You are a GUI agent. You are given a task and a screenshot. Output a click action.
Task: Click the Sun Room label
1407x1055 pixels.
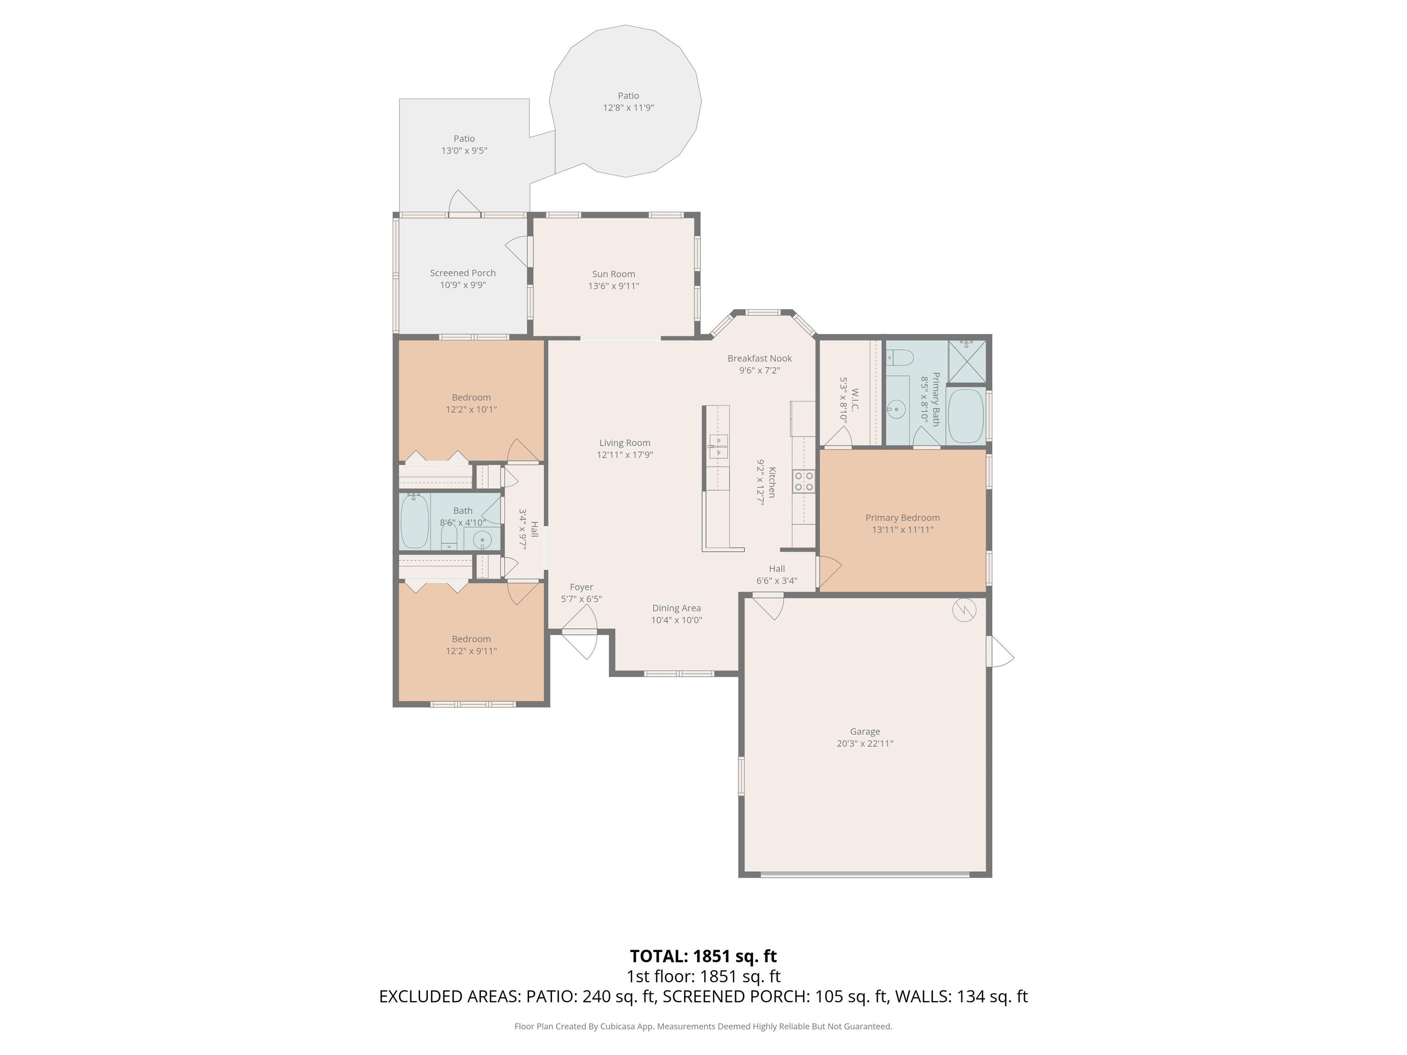pyautogui.click(x=613, y=274)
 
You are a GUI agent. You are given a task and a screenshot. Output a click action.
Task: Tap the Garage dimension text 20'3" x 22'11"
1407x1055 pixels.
pyautogui.click(x=865, y=743)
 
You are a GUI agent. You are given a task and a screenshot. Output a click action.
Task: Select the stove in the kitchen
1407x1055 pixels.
pyautogui.click(x=804, y=481)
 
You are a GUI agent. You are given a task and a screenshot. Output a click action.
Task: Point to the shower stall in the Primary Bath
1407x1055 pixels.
pyautogui.click(x=967, y=362)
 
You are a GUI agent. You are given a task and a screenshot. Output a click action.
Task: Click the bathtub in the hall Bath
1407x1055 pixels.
pyautogui.click(x=414, y=521)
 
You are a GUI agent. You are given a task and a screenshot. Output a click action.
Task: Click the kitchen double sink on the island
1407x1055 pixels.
pyautogui.click(x=718, y=446)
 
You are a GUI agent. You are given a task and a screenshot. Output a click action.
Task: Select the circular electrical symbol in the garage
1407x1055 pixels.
pyautogui.click(x=964, y=610)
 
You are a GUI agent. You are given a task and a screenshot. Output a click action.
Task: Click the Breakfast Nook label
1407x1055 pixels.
pyautogui.click(x=759, y=359)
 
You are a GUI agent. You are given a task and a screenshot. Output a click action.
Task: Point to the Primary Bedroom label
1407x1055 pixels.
pyautogui.click(x=903, y=517)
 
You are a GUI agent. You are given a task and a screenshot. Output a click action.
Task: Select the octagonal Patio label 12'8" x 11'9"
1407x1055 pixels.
pyautogui.click(x=628, y=102)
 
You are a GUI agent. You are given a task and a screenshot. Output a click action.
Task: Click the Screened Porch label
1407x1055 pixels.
pyautogui.click(x=463, y=273)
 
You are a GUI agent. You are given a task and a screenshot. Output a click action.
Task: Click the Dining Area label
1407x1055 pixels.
pyautogui.click(x=676, y=609)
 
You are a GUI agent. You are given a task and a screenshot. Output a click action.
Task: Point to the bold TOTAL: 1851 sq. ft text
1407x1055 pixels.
pyautogui.click(x=703, y=957)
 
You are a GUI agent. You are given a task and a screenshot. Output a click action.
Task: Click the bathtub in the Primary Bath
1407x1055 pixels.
pyautogui.click(x=965, y=416)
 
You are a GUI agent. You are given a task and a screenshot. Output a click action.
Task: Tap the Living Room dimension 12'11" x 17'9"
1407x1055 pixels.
pyautogui.click(x=625, y=455)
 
